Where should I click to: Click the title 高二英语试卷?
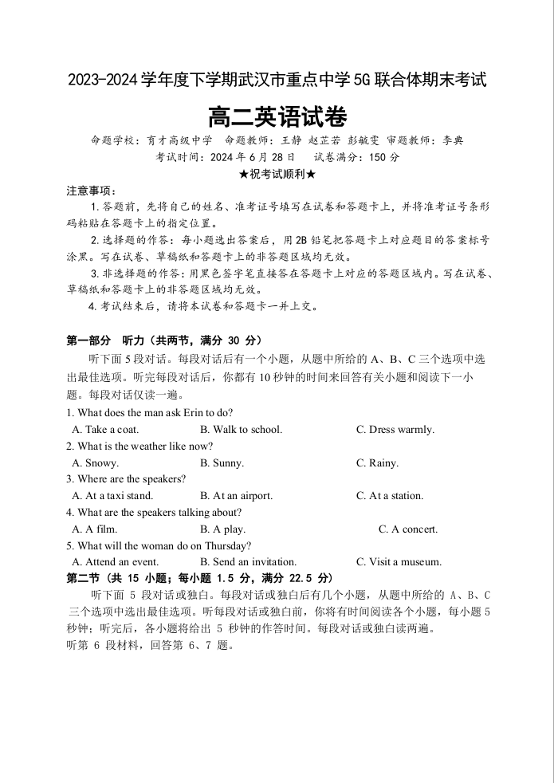coord(277,118)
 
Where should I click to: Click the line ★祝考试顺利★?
coord(277,174)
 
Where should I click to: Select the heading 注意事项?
coord(91,191)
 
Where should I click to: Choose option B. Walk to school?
coord(241,429)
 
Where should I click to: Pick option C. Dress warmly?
coord(395,429)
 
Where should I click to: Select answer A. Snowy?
coord(95,462)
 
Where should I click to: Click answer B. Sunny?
coord(222,462)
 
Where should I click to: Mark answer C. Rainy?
coord(377,462)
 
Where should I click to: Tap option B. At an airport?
coord(236,495)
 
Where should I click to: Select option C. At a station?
coord(390,495)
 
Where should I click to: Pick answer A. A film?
coord(94,529)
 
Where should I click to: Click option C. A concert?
coord(408,529)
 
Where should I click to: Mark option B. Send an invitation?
coord(248,561)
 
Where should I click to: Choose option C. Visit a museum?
coord(399,561)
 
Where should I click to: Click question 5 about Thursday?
coord(159,545)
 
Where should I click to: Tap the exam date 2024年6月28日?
coord(253,157)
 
